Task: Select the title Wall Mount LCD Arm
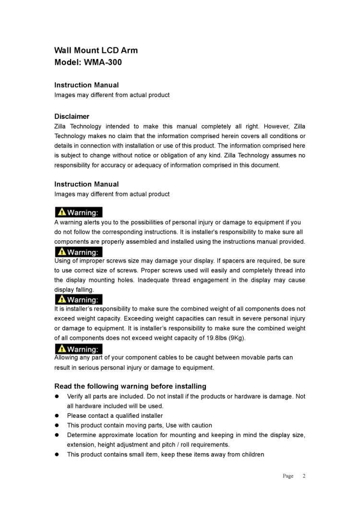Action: click(96, 50)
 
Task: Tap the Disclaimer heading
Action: click(72, 117)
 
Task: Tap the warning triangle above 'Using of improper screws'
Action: click(61, 252)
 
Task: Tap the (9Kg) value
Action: click(236, 338)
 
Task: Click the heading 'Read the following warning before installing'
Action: click(130, 386)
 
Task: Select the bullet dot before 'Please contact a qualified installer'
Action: click(57, 416)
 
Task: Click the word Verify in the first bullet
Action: click(76, 396)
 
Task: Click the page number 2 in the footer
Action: click(304, 476)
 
